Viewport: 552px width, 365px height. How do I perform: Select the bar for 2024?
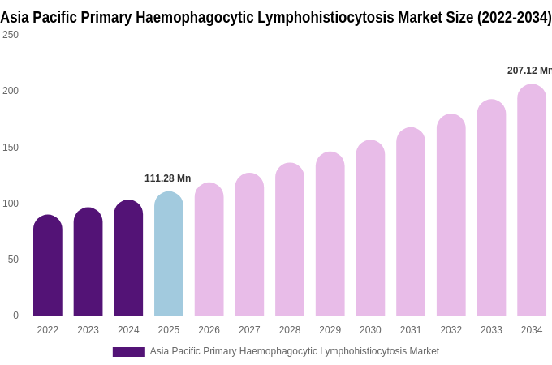[x=128, y=259]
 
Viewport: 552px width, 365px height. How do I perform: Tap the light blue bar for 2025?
[x=169, y=255]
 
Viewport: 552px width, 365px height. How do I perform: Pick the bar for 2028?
[x=290, y=240]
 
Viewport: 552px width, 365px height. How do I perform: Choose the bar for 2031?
[x=411, y=222]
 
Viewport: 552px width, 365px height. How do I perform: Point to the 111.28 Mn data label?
[x=167, y=178]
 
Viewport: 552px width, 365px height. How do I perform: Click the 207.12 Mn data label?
[x=528, y=71]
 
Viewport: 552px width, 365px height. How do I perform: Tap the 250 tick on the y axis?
[x=11, y=35]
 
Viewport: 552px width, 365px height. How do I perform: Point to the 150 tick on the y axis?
[x=11, y=147]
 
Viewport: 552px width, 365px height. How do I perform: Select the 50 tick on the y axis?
[x=13, y=260]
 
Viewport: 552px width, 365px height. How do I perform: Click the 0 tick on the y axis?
[x=15, y=316]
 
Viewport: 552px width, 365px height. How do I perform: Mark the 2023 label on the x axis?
[x=88, y=330]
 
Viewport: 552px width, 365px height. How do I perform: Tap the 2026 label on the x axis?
[x=209, y=330]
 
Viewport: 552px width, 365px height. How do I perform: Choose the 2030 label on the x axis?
[x=370, y=330]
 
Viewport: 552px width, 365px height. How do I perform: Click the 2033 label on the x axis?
[x=491, y=330]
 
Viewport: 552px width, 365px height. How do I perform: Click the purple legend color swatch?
[x=128, y=352]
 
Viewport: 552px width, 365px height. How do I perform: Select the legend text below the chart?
[x=294, y=351]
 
